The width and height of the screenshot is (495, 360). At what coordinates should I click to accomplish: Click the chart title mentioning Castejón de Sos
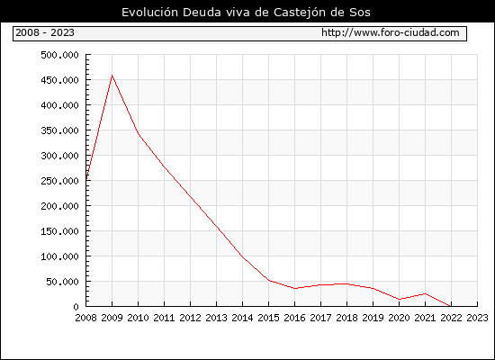[246, 13]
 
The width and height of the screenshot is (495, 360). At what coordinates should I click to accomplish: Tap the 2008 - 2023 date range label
[45, 32]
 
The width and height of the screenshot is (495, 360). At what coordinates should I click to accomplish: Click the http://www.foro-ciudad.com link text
[391, 32]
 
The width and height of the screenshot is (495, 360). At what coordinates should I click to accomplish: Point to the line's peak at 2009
[112, 76]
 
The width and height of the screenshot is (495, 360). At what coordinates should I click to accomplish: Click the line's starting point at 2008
[86, 179]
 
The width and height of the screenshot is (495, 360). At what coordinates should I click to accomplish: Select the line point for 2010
[139, 133]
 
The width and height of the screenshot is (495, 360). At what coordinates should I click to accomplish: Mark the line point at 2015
[269, 280]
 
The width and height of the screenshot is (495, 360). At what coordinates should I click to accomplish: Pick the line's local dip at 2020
[400, 299]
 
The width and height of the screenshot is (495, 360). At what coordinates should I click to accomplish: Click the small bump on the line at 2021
[425, 293]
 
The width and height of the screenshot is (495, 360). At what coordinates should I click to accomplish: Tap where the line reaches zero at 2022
[451, 306]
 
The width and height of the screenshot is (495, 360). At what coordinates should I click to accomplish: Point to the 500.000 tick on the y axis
[59, 55]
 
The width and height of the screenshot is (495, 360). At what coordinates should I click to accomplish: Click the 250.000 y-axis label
[59, 181]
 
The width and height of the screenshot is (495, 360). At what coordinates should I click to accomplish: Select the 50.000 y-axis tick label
[62, 282]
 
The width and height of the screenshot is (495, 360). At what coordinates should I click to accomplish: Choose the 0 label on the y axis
[76, 307]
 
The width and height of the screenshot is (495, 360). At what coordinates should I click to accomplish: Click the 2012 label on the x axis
[191, 318]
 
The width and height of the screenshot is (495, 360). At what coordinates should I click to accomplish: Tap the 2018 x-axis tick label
[346, 318]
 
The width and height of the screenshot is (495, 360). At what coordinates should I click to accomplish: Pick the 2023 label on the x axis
[477, 318]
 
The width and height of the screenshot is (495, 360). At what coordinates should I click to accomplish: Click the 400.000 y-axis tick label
[59, 105]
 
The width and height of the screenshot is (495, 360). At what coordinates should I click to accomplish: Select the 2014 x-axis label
[242, 318]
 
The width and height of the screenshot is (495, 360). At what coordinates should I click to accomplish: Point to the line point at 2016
[295, 288]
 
